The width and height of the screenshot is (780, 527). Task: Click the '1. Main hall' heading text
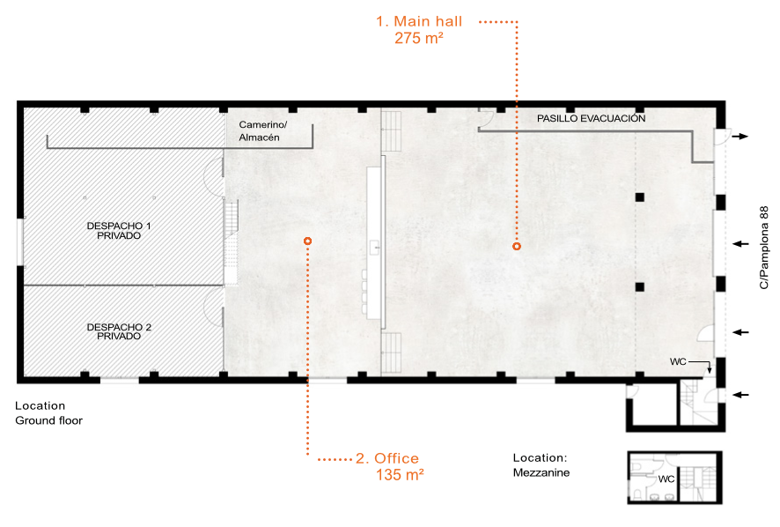419,21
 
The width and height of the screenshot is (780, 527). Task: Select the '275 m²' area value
419,38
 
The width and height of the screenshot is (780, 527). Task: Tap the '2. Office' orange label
387,458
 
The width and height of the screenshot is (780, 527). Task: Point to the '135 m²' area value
400,475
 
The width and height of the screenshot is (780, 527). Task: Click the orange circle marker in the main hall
517,246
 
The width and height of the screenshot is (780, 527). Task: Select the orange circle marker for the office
308,241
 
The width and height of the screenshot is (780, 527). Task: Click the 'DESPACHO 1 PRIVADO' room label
119,231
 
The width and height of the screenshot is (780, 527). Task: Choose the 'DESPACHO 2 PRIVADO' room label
119,331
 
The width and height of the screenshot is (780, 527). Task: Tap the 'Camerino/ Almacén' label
262,131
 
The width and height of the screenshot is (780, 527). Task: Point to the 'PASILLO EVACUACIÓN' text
591,119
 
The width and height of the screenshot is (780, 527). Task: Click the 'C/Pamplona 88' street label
764,248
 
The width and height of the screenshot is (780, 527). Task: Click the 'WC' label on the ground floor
678,361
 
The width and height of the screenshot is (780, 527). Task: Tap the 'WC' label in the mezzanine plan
666,479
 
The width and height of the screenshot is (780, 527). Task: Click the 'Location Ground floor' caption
48,413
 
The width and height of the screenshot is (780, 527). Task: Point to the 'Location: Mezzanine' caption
541,465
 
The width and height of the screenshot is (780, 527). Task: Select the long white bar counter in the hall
374,242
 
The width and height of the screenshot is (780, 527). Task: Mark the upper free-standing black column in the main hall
640,197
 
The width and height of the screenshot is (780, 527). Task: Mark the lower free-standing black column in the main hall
640,287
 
